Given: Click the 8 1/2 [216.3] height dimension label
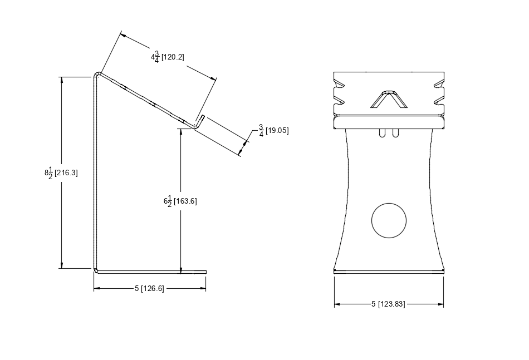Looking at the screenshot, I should click(61, 172).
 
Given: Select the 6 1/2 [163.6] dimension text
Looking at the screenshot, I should click(180, 201).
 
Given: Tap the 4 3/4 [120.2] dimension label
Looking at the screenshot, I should click(167, 57).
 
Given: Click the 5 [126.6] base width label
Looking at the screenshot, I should click(149, 288).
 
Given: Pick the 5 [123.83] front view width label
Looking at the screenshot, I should click(388, 304).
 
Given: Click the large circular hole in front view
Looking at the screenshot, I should click(389, 220).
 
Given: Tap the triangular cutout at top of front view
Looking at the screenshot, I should click(389, 100).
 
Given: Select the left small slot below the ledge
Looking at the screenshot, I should click(382, 133).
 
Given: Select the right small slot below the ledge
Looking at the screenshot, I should click(395, 133).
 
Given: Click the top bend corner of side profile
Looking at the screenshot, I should click(97, 74).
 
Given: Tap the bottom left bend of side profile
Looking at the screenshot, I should click(96, 271).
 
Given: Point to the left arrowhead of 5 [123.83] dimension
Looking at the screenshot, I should click(337, 304).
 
